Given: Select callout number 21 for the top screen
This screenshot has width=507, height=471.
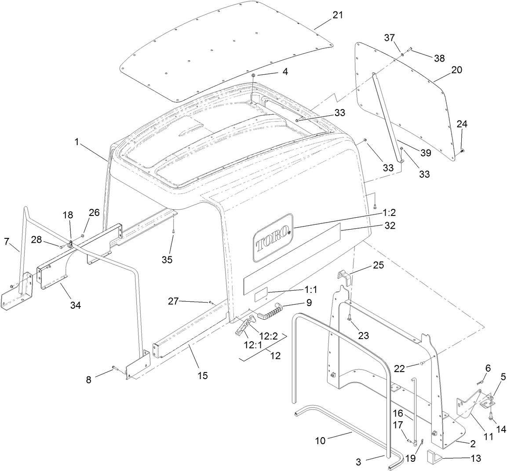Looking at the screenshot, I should (337, 15).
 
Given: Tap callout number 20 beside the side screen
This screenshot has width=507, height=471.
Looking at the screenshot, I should (456, 70).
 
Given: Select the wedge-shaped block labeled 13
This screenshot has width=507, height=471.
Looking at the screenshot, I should (433, 458).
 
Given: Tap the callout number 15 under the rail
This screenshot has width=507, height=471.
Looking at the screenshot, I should (203, 376).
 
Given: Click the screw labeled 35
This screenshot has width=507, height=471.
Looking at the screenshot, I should (174, 229).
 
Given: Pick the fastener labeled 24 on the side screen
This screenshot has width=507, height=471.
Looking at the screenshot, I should (462, 151).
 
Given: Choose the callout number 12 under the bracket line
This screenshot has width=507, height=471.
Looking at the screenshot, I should (276, 356).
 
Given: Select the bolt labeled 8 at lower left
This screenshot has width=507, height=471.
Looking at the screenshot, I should (115, 367).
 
